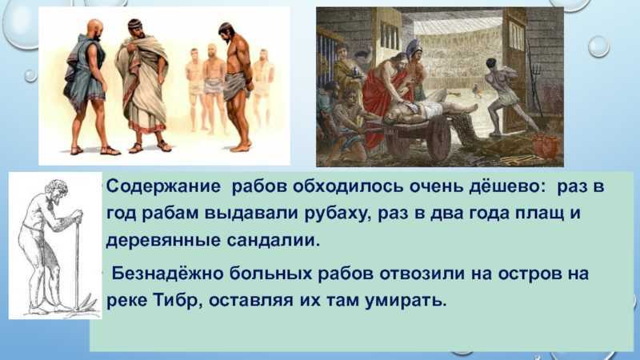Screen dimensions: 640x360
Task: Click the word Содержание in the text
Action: point(163,187)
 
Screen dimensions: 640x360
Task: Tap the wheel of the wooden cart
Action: point(437,138)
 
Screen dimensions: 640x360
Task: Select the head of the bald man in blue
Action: point(95,30)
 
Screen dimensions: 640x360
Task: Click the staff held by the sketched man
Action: point(77,262)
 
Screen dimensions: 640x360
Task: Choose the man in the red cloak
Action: point(381,98)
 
